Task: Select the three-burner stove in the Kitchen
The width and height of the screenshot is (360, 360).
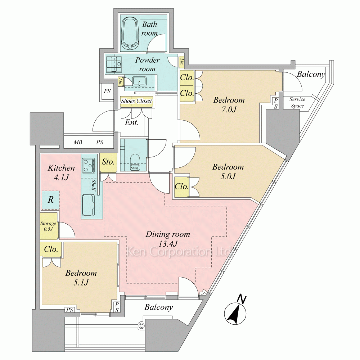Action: [x=89, y=165]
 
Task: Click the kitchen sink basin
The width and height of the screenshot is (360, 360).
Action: [x=89, y=205]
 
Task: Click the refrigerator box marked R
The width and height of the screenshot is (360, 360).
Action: [x=50, y=200]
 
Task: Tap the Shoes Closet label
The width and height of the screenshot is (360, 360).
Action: [x=136, y=101]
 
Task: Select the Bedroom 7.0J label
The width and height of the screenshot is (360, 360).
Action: [x=229, y=105]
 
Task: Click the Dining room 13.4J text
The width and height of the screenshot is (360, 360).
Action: [x=168, y=239]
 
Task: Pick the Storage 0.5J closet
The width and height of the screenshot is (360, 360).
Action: [x=49, y=226]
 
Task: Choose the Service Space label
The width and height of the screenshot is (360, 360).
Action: [x=297, y=102]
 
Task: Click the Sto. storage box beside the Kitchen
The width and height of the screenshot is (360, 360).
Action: [x=108, y=163]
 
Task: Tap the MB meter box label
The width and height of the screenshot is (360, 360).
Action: [x=78, y=142]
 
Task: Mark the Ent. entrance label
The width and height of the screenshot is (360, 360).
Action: [x=131, y=123]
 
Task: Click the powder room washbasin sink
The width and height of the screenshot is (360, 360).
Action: [x=139, y=81]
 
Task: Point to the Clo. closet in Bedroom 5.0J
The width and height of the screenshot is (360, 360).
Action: [x=181, y=186]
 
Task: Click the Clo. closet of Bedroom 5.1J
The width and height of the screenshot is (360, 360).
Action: [x=51, y=249]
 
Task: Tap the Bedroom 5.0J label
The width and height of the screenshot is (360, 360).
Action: [x=228, y=171]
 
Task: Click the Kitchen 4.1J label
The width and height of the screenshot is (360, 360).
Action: [x=61, y=172]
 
